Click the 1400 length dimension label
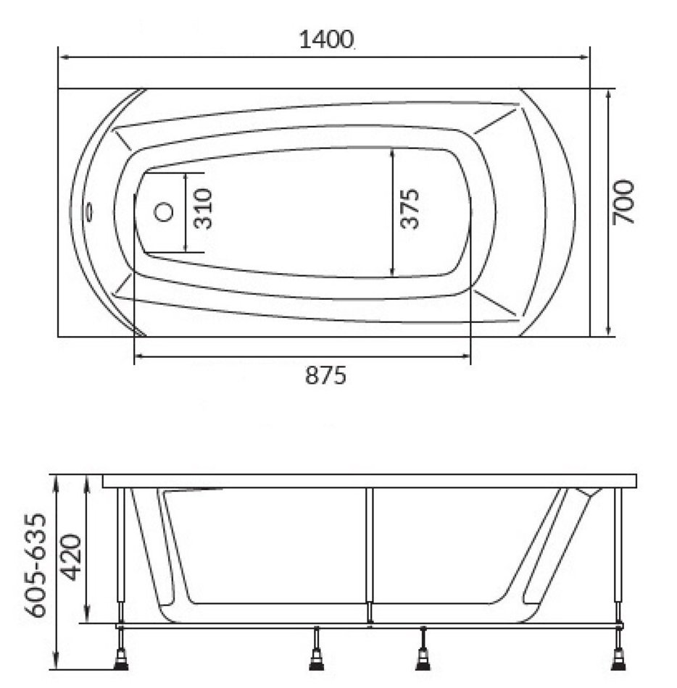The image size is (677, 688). pyautogui.click(x=326, y=40)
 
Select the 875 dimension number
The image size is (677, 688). pyautogui.click(x=325, y=376)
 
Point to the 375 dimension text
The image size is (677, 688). pyautogui.click(x=410, y=209)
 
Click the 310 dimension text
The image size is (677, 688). pyautogui.click(x=203, y=209)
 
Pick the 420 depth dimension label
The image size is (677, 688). pyautogui.click(x=71, y=556)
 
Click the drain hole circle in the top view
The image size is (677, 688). pyautogui.click(x=164, y=212)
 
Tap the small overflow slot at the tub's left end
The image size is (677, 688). pyautogui.click(x=91, y=212)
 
